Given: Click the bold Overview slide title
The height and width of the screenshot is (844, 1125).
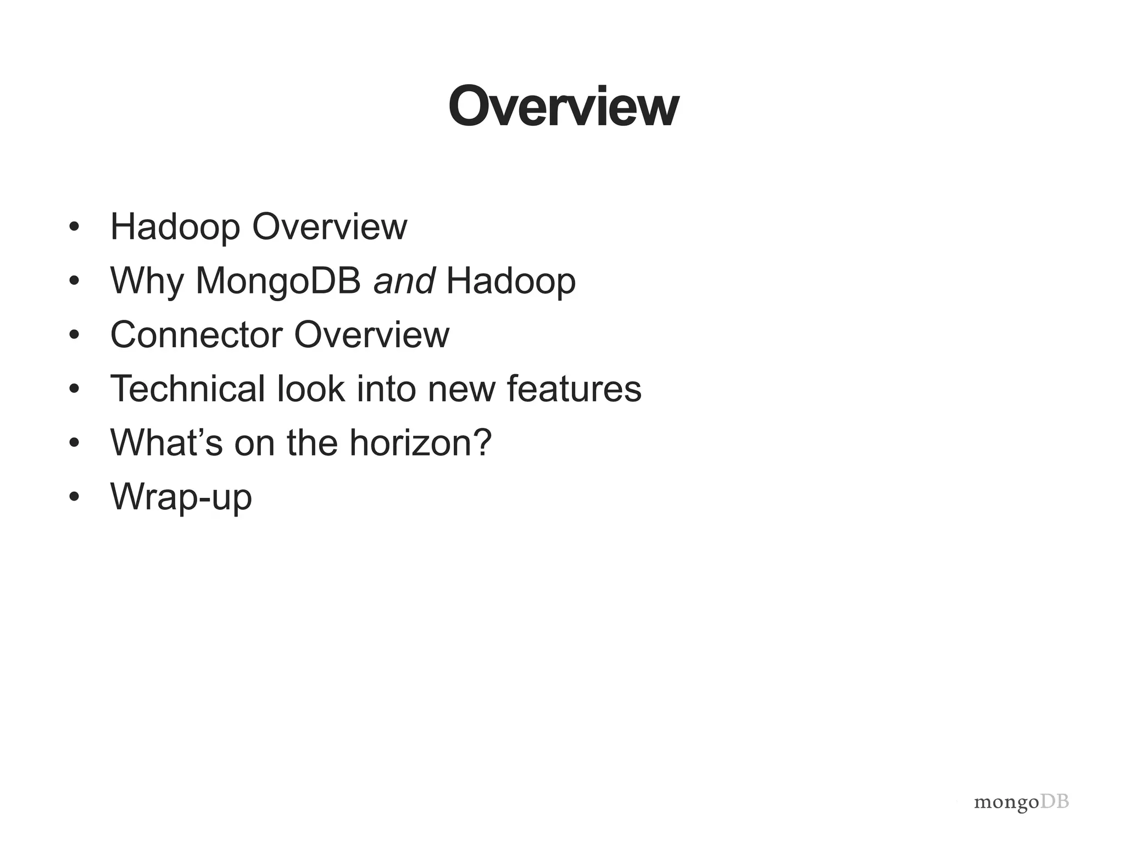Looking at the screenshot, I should click(564, 107).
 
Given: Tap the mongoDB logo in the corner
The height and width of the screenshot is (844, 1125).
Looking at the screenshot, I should click(1021, 802).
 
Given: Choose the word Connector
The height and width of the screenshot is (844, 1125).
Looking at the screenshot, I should click(197, 334).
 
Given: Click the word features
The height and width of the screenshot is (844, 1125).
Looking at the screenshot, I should click(573, 388).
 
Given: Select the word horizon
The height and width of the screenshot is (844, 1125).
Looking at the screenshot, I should click(409, 442).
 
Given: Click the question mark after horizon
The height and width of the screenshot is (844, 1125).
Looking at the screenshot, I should click(482, 442).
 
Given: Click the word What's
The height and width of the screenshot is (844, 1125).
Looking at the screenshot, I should click(166, 442).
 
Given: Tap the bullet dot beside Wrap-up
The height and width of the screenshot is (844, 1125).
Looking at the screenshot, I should click(75, 497).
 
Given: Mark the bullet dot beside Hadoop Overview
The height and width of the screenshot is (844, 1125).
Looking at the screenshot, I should click(75, 226).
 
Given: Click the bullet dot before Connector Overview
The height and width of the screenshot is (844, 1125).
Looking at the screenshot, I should click(75, 335).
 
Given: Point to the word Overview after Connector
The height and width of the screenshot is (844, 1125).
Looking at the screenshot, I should click(372, 334).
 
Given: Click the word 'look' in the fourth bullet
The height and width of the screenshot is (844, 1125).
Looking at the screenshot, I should click(311, 388).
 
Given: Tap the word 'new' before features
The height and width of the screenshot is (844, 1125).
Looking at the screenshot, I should click(461, 389).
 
